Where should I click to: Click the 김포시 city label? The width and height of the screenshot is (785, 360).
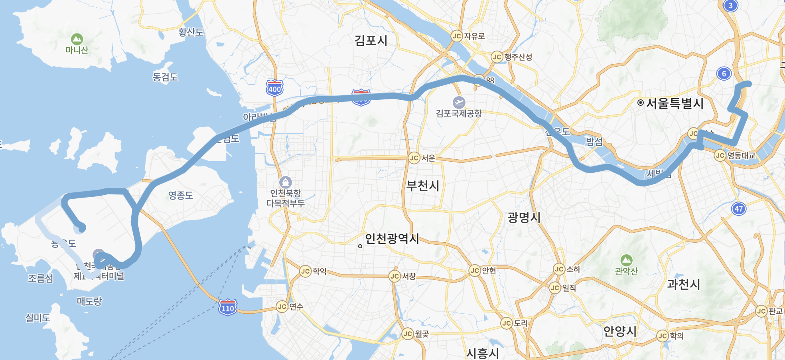[x=371, y=41]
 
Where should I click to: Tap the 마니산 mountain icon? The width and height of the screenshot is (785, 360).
[x=77, y=39]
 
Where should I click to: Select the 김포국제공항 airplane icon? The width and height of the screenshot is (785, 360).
[x=459, y=103]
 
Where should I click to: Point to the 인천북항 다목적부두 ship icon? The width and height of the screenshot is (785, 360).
[x=285, y=182]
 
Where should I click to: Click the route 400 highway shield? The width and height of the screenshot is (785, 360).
[x=274, y=88]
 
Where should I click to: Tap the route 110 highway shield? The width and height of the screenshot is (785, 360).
[x=228, y=308]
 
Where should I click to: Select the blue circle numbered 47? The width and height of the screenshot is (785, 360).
[x=739, y=208]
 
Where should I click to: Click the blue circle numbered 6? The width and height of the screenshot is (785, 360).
[x=724, y=73]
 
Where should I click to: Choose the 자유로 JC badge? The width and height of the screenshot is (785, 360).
[x=457, y=36]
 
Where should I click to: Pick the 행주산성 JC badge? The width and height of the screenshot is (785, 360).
[x=497, y=57]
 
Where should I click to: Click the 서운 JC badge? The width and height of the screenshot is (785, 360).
[x=414, y=158]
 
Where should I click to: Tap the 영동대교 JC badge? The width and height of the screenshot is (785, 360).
[x=720, y=155]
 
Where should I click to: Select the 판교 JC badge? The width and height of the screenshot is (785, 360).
[x=761, y=311]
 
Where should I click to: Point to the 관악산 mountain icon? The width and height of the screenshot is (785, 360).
[x=626, y=260]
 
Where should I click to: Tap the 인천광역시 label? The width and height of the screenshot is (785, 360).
[x=392, y=239]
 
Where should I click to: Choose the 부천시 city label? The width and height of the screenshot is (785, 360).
[x=422, y=186]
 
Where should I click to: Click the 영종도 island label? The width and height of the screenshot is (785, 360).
[x=181, y=195]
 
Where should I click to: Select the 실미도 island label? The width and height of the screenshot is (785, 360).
[x=38, y=318]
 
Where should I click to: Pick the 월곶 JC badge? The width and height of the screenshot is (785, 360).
[x=408, y=334]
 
